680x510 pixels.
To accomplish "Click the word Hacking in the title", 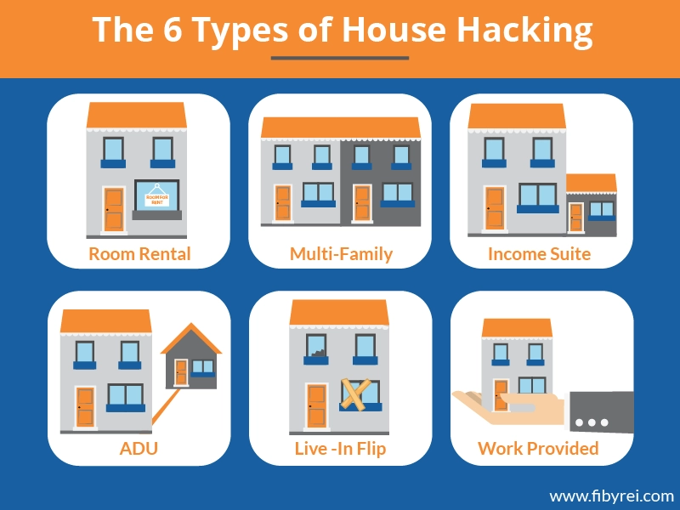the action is [x=524, y=31].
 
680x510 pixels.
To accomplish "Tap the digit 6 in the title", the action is [x=173, y=29].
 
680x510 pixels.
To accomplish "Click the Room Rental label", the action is [x=139, y=253].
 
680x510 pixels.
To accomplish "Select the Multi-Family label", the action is [x=341, y=253].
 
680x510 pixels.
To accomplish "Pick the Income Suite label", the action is [x=539, y=253].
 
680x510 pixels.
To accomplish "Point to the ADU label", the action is [x=139, y=448].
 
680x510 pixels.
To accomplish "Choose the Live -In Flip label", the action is [x=340, y=448].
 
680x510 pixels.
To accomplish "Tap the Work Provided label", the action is [x=538, y=448].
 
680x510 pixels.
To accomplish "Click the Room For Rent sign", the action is [x=156, y=196].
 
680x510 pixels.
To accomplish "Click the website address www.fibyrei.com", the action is [x=611, y=496].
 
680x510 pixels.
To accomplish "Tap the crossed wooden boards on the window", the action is [x=355, y=394].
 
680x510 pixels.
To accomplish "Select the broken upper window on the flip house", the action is [x=315, y=346].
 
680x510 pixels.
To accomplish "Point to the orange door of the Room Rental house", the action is [x=114, y=209].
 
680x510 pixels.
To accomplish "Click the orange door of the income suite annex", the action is [x=576, y=218].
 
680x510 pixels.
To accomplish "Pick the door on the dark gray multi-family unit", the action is [x=362, y=203].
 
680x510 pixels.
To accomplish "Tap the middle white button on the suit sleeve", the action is [x=592, y=422].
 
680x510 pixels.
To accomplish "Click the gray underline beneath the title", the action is [x=340, y=58].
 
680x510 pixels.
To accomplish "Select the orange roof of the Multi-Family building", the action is [x=341, y=127].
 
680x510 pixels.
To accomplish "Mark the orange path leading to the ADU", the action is [x=166, y=407].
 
